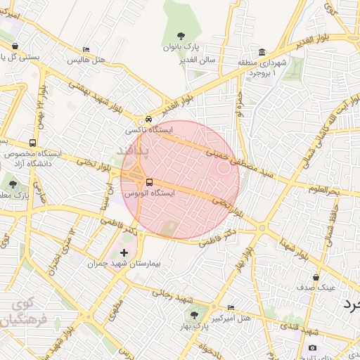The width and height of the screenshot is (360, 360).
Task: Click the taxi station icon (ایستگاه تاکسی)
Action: pos(148,120)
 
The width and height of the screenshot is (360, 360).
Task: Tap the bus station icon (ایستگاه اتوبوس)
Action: pos(148,182)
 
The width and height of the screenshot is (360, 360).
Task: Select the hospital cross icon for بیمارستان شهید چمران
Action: pos(124,252)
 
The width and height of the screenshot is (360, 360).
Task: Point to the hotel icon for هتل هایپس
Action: pos(86,50)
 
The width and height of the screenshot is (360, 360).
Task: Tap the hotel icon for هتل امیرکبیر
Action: pos(231,308)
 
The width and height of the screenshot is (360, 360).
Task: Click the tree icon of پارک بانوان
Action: pos(181,36)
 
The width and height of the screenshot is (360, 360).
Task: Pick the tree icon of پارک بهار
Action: pos(194,316)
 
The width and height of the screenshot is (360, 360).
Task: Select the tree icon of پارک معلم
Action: pos(13,185)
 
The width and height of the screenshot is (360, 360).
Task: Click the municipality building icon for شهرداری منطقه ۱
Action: pos(262,52)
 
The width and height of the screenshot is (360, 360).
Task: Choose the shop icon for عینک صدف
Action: pos(316,277)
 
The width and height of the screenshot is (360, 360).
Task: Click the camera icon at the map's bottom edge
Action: pos(312,348)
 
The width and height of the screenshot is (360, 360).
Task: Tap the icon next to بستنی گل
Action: pos(15,46)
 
